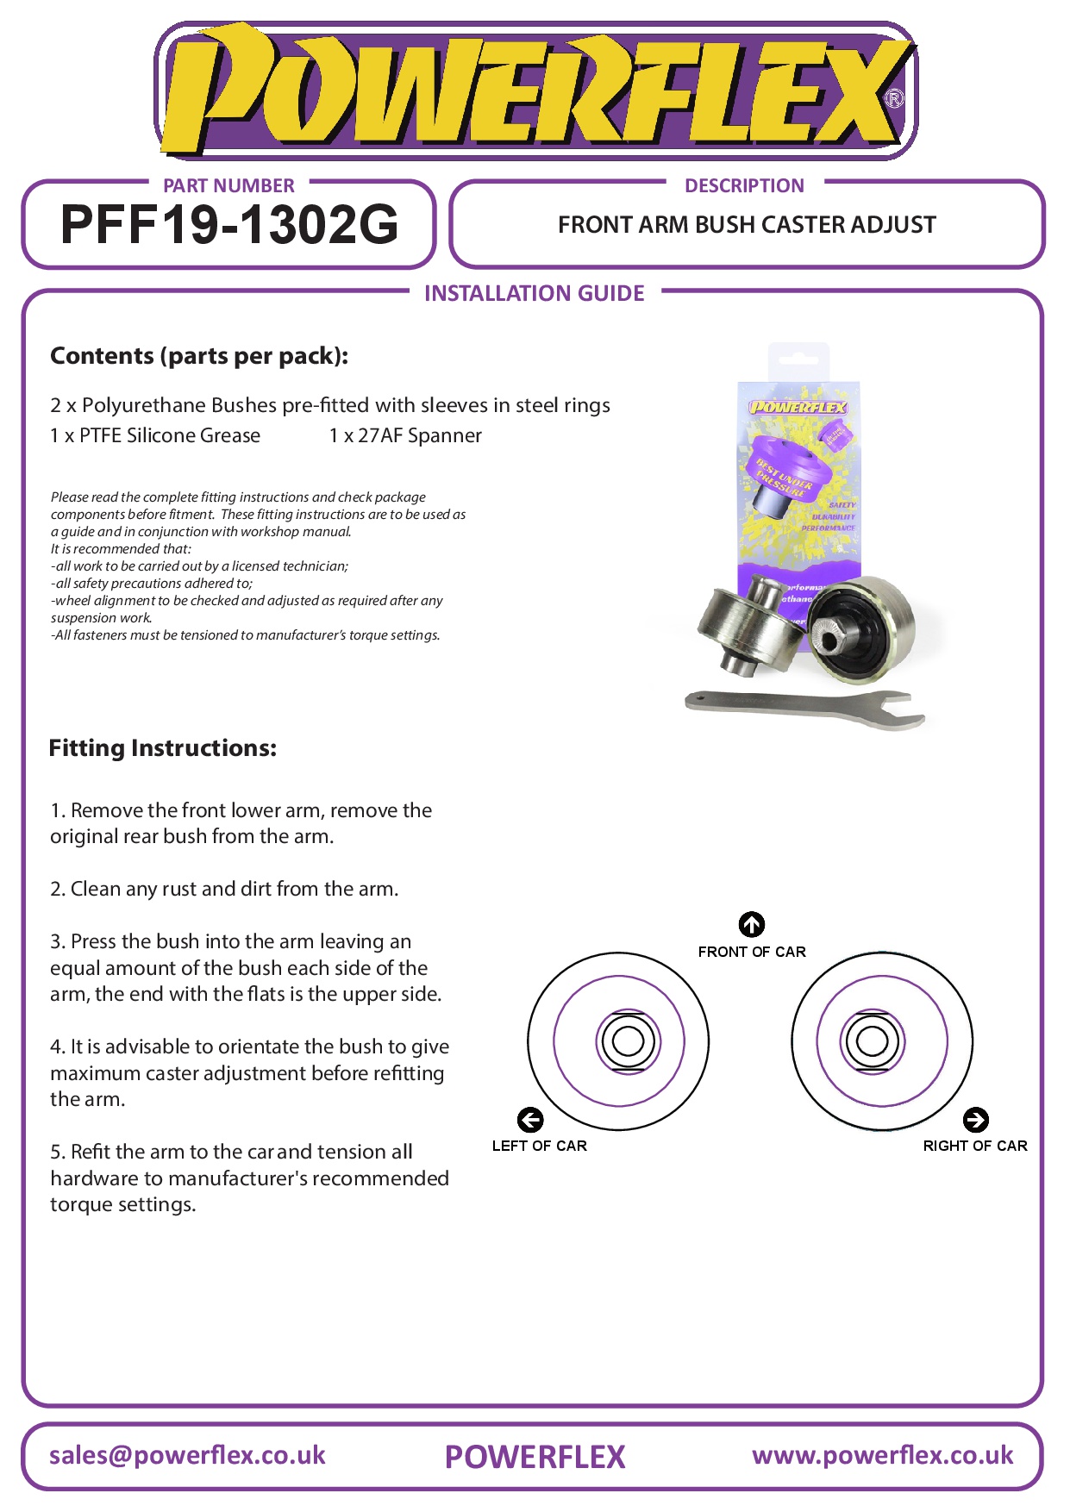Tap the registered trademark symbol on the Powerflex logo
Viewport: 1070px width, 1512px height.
tap(894, 99)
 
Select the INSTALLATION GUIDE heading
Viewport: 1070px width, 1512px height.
tap(534, 294)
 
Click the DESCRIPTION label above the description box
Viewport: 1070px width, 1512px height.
tap(744, 186)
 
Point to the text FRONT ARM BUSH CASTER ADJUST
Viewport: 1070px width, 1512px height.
tap(747, 225)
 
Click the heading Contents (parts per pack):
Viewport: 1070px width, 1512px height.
tap(199, 356)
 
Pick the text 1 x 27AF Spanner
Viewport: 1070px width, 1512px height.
tap(405, 436)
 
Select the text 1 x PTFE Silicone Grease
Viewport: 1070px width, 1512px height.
tap(155, 436)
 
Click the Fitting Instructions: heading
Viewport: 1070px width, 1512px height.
tap(163, 748)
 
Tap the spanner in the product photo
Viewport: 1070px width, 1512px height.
tap(802, 708)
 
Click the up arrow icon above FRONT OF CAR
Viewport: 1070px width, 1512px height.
tap(752, 924)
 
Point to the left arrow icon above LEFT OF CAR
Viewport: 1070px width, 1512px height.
tap(530, 1120)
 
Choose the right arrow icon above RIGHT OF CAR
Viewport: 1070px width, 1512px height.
tap(975, 1120)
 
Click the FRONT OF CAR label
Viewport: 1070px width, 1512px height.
tap(752, 952)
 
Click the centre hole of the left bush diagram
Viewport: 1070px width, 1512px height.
tap(627, 1041)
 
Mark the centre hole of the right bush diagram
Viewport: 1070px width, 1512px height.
tap(872, 1040)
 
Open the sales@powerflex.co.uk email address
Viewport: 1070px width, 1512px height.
tap(187, 1456)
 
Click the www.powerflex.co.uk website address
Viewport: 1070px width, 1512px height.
tap(882, 1456)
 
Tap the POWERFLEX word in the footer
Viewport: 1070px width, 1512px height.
tap(535, 1458)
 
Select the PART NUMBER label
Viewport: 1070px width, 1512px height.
tap(228, 186)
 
